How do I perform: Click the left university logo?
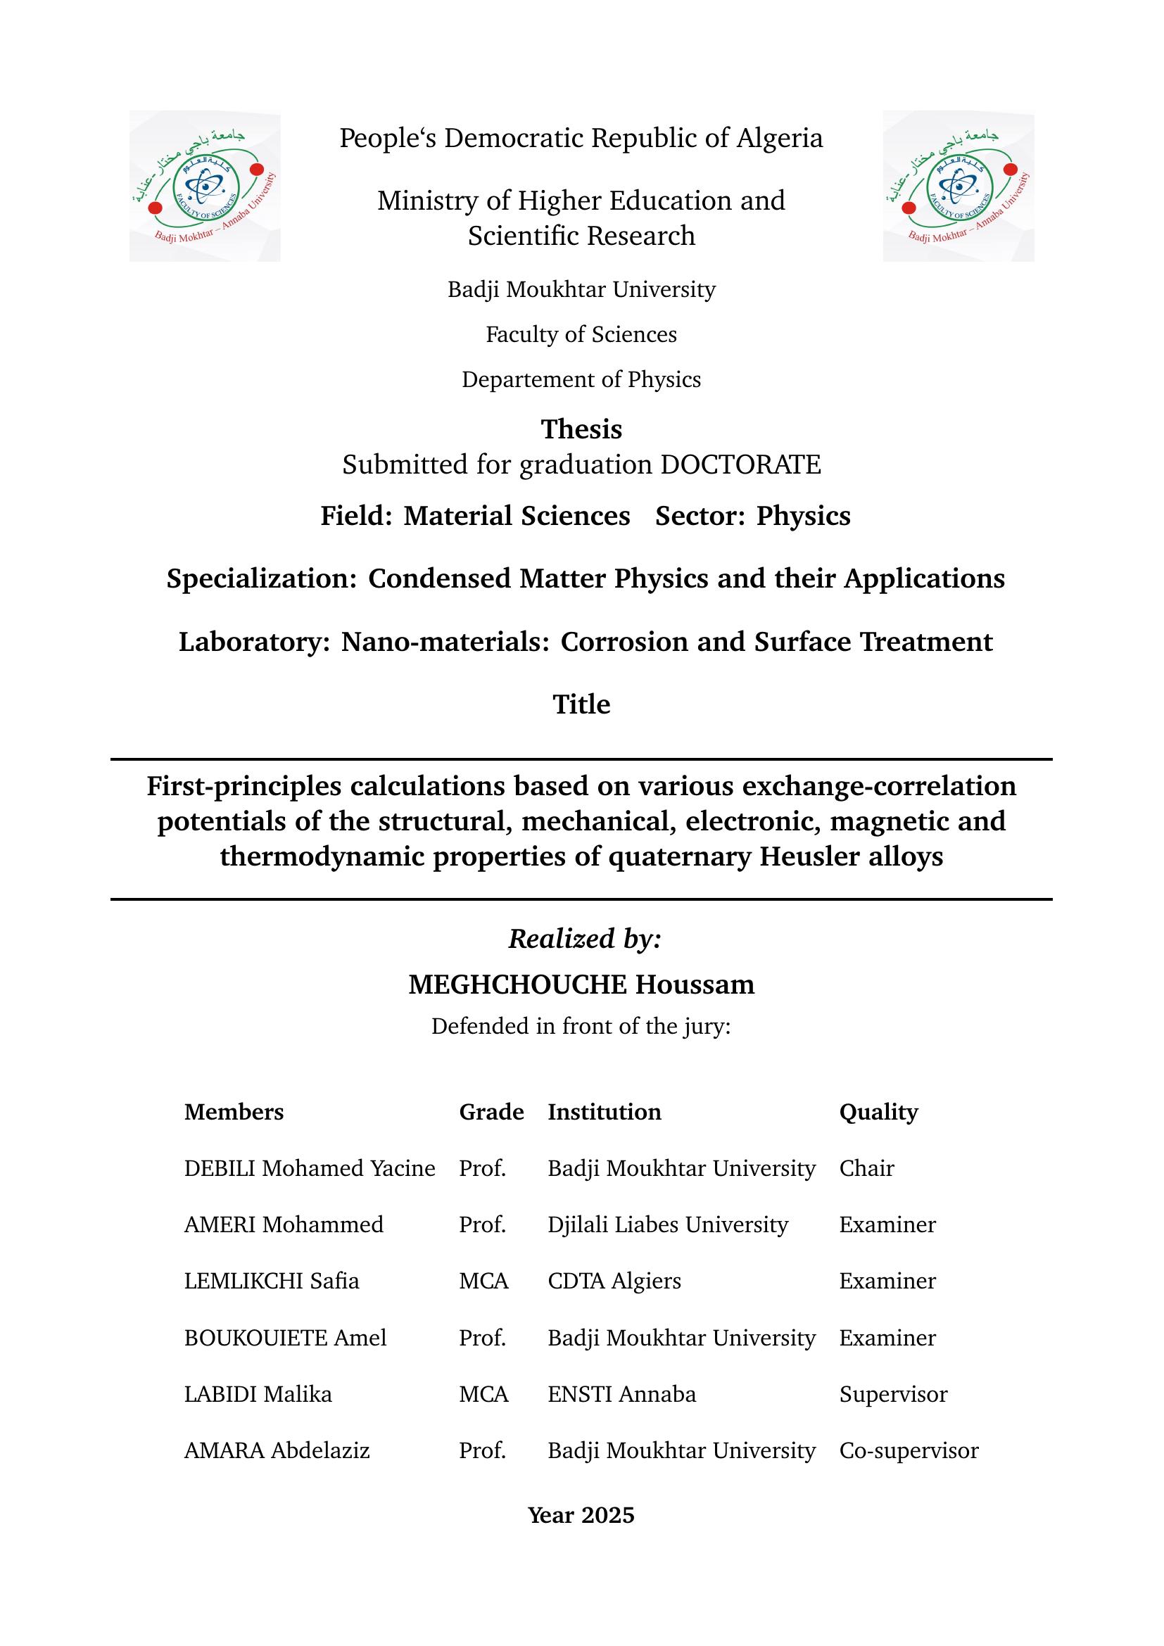point(204,186)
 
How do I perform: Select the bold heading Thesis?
point(581,429)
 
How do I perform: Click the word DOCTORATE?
point(740,464)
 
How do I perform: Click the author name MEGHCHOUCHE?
point(517,985)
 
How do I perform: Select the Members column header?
point(234,1112)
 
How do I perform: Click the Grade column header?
point(491,1112)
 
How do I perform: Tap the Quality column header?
point(878,1112)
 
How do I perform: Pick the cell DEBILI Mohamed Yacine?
point(310,1169)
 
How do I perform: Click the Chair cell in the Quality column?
point(866,1169)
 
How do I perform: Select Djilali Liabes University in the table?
point(667,1224)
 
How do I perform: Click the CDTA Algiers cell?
point(614,1281)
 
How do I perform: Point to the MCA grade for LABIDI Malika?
point(483,1394)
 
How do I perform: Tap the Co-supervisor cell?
point(908,1451)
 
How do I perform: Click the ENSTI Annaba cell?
point(621,1394)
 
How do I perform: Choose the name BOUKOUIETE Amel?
point(284,1338)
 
